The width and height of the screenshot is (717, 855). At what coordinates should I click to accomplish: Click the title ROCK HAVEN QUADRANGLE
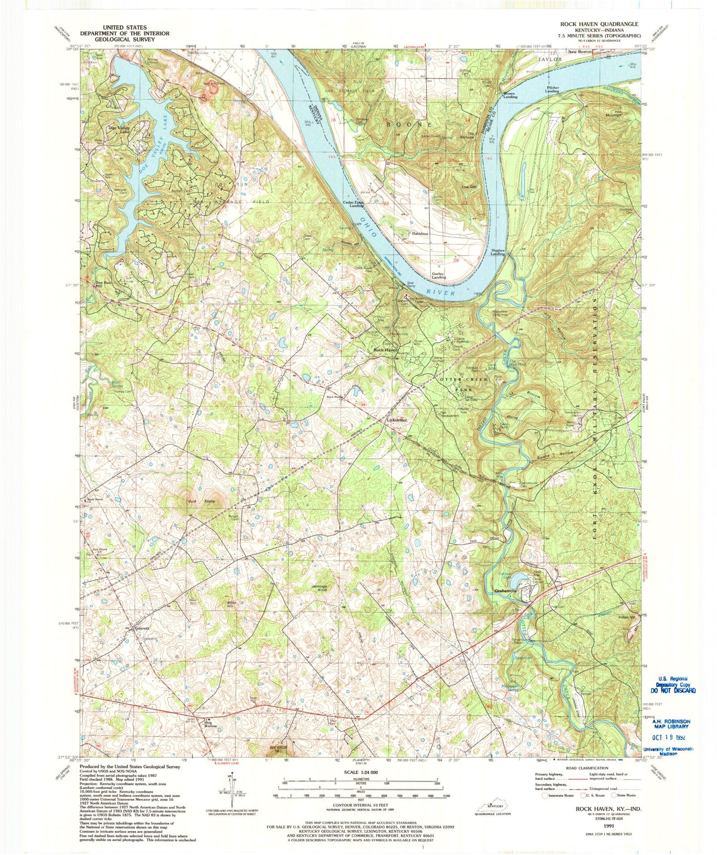click(599, 24)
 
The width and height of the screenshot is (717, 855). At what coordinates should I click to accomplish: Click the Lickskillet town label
click(397, 420)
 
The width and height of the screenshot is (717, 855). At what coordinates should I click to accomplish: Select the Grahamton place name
click(506, 591)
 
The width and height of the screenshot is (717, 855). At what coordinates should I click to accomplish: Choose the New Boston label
click(580, 52)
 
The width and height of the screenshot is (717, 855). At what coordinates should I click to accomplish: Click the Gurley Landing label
click(439, 275)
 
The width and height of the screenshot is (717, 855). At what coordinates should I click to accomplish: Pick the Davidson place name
click(420, 233)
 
